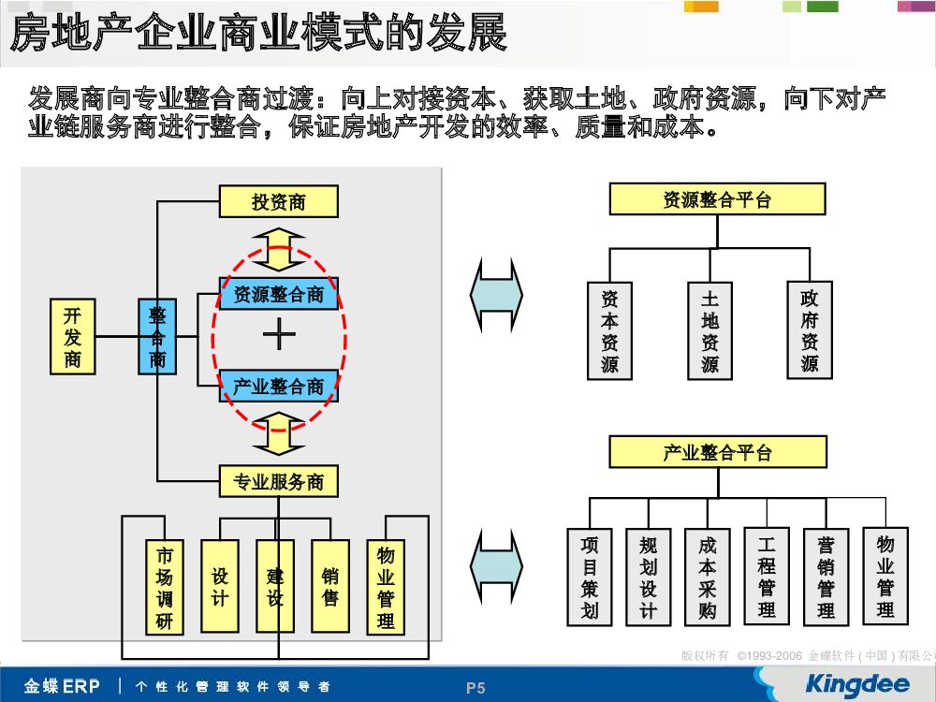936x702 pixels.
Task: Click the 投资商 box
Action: (x=278, y=201)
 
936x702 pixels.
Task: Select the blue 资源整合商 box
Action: (x=278, y=294)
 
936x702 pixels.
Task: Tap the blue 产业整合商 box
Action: (x=278, y=386)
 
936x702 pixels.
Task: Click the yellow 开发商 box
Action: (x=72, y=337)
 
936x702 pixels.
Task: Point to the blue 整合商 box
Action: (x=157, y=337)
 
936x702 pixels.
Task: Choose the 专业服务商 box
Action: (x=278, y=481)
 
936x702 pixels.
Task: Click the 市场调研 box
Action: (x=165, y=587)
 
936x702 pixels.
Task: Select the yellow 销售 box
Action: (x=330, y=587)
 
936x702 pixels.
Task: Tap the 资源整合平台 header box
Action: (x=717, y=199)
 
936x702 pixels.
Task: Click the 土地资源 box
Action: (x=709, y=330)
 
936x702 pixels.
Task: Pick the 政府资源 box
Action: (x=810, y=330)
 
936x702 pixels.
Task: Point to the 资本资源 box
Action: (x=609, y=330)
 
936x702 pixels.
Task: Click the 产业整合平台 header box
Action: (x=717, y=452)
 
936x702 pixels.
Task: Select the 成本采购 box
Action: (x=707, y=578)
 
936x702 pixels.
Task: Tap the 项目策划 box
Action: (x=589, y=578)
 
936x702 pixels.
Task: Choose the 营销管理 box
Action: (x=826, y=578)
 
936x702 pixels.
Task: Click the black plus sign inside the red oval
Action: (x=279, y=335)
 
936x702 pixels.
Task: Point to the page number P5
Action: (x=476, y=688)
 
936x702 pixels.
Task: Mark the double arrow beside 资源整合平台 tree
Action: (x=496, y=295)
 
